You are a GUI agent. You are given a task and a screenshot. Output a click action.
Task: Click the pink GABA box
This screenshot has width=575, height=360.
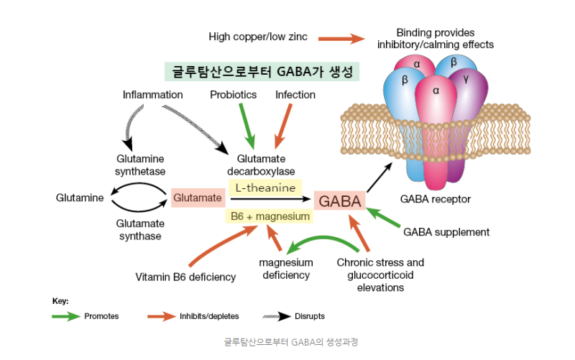pyautogui.click(x=340, y=200)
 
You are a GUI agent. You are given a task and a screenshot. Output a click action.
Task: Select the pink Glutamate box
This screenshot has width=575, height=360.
pyautogui.click(x=197, y=197)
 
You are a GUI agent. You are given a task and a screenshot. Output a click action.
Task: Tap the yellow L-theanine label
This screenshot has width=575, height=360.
pyautogui.click(x=265, y=187)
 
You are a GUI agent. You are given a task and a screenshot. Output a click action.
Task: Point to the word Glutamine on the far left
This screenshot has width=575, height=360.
pyautogui.click(x=79, y=197)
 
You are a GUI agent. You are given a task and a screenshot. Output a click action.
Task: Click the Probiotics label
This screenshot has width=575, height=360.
pyautogui.click(x=233, y=95)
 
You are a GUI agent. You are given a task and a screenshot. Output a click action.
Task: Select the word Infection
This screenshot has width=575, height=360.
pyautogui.click(x=295, y=95)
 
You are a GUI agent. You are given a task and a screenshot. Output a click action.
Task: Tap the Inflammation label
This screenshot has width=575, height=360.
pyautogui.click(x=152, y=95)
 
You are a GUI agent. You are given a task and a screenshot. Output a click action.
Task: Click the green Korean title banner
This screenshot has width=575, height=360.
pyautogui.click(x=262, y=72)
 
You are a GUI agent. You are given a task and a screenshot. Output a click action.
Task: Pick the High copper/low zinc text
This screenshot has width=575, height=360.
pyautogui.click(x=261, y=37)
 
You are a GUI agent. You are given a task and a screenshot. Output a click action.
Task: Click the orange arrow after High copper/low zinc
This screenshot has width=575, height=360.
pyautogui.click(x=339, y=37)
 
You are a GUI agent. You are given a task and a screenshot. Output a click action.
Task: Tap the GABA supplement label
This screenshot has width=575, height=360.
pyautogui.click(x=446, y=232)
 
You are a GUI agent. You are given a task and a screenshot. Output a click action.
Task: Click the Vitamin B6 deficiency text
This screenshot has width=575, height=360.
pyautogui.click(x=185, y=277)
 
